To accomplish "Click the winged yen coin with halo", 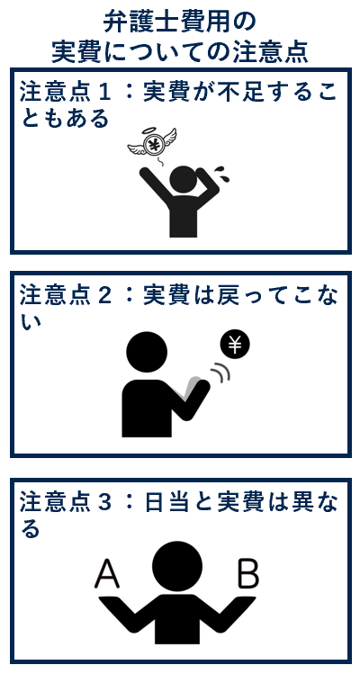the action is click(x=152, y=143).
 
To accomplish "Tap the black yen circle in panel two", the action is click(x=235, y=346).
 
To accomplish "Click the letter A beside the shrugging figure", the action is click(x=107, y=574).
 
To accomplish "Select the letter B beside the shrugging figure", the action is click(x=248, y=574).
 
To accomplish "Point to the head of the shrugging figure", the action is click(x=176, y=566).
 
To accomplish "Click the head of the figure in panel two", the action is click(x=147, y=352).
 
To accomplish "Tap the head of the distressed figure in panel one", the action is click(x=184, y=179).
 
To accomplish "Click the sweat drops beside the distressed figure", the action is click(x=223, y=174).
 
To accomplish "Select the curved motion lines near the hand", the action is click(x=221, y=373).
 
